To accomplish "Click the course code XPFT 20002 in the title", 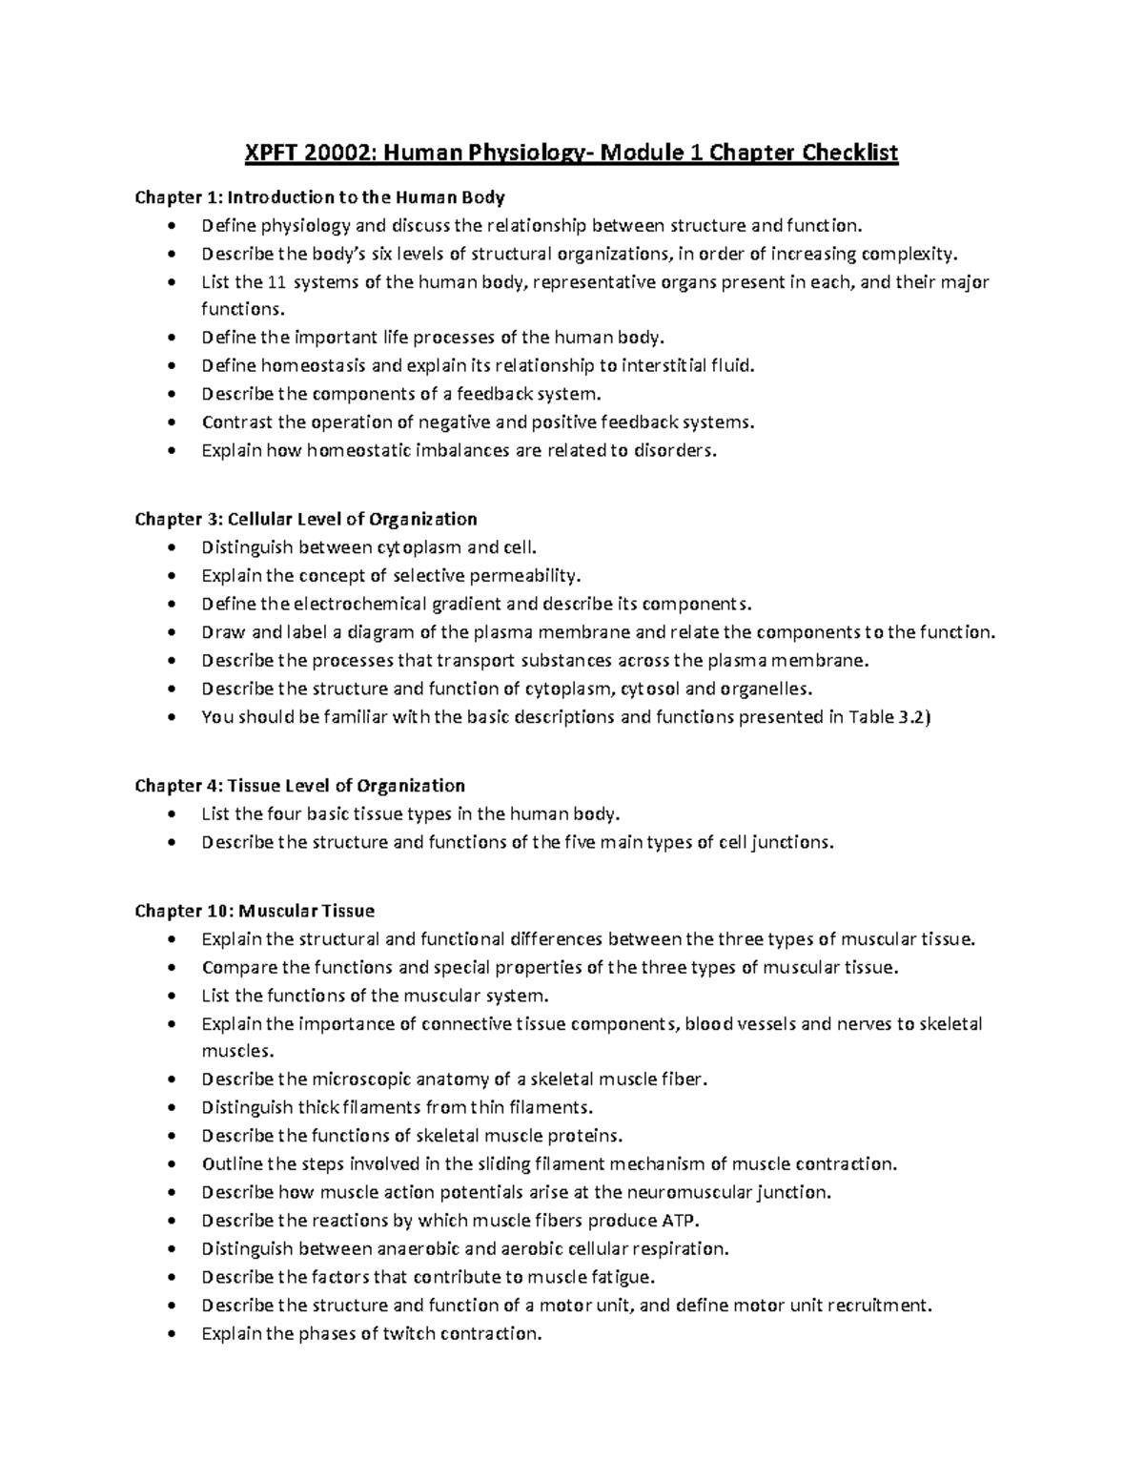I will coord(304,154).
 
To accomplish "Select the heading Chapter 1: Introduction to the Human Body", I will coord(319,198).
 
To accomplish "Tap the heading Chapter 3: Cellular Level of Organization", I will coord(305,520).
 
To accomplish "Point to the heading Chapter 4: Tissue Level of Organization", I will coord(299,786).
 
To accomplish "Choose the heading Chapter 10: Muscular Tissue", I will coord(255,911).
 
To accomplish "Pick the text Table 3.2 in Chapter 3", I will coord(885,717).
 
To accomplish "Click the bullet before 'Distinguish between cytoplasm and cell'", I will coord(171,548).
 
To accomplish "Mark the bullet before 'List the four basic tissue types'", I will coord(171,814).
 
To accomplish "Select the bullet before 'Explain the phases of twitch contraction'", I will coord(171,1334).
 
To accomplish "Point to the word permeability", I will coord(532,576).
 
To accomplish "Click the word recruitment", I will coord(883,1306).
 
